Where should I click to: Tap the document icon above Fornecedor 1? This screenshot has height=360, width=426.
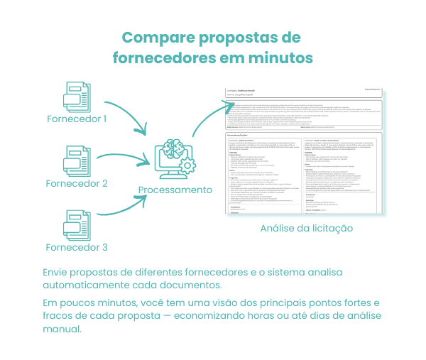[x=76, y=95]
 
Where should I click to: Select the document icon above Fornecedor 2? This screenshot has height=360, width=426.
[x=76, y=160]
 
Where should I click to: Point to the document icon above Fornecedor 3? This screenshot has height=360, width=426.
[x=76, y=224]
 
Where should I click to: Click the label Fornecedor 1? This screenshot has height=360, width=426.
[x=76, y=119]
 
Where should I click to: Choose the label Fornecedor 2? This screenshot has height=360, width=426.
[x=76, y=183]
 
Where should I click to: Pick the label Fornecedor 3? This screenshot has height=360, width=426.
[x=76, y=248]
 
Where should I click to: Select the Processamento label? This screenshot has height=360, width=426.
[x=175, y=190]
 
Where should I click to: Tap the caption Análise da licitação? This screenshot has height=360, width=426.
[x=307, y=229]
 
